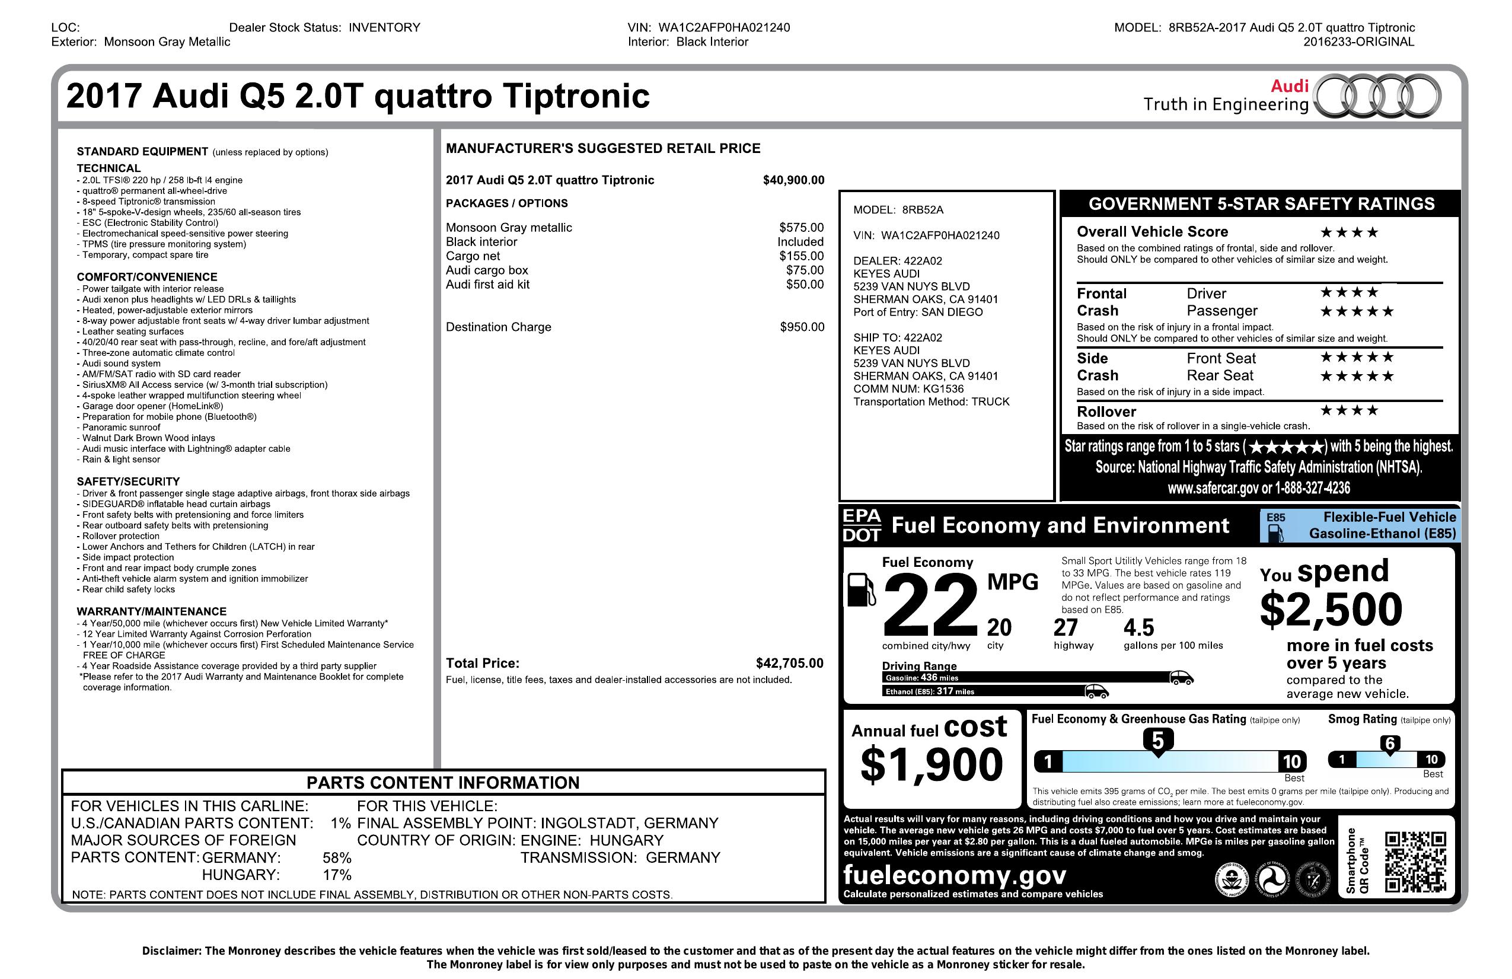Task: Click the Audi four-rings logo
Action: [1376, 97]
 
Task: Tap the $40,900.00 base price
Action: [793, 180]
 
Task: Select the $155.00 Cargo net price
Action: [801, 256]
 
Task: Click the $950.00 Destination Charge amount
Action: [802, 327]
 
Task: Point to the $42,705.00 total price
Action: [789, 664]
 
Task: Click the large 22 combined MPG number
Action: [930, 605]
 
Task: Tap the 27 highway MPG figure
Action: [1066, 628]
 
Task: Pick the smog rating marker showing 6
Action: [1389, 744]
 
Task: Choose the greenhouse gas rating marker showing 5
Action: [1157, 741]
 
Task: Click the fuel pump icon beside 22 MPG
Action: [862, 590]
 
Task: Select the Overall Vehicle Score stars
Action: [1349, 232]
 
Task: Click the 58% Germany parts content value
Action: [337, 857]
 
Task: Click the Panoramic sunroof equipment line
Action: [121, 428]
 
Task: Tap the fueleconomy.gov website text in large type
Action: [954, 875]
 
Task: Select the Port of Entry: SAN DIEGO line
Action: [917, 312]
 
